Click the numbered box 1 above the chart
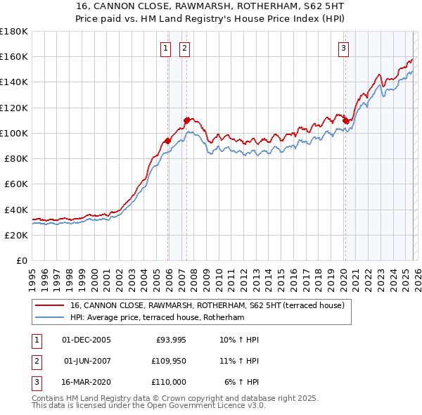point(165,49)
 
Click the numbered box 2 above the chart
point(184,49)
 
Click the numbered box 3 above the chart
point(343,49)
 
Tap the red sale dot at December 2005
point(168,141)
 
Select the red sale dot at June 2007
point(187,120)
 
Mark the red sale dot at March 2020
point(346,120)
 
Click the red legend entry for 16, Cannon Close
point(207,305)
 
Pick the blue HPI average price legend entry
point(156,318)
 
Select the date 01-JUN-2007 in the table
point(87,361)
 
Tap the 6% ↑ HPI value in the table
point(242,382)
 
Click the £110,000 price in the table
point(170,382)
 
